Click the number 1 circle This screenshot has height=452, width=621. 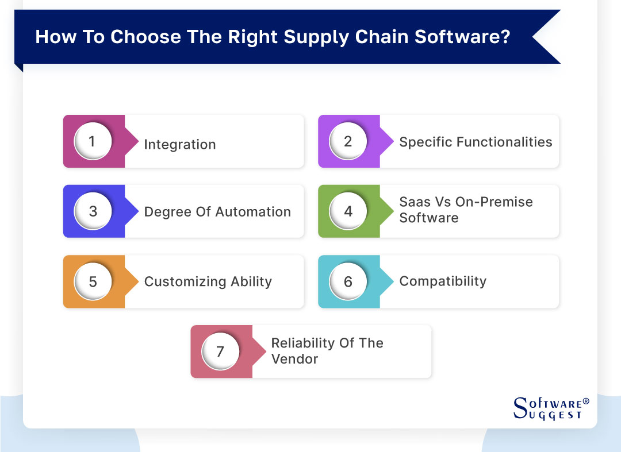click(93, 141)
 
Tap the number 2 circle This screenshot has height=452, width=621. click(348, 141)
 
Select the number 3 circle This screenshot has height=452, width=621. click(93, 211)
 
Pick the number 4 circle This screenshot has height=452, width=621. click(348, 211)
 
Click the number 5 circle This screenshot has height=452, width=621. click(93, 281)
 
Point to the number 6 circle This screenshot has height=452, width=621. click(348, 281)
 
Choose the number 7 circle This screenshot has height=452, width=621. click(220, 351)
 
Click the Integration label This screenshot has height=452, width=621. click(180, 144)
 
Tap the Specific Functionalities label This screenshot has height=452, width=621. click(476, 142)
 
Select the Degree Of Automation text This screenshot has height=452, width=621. click(217, 212)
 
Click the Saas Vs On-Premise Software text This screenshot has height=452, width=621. click(466, 210)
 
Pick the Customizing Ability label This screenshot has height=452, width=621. click(208, 281)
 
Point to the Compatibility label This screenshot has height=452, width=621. click(443, 281)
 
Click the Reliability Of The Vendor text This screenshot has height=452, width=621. click(327, 351)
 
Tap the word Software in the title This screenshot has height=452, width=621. click(458, 37)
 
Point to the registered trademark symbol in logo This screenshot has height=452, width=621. click(586, 401)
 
